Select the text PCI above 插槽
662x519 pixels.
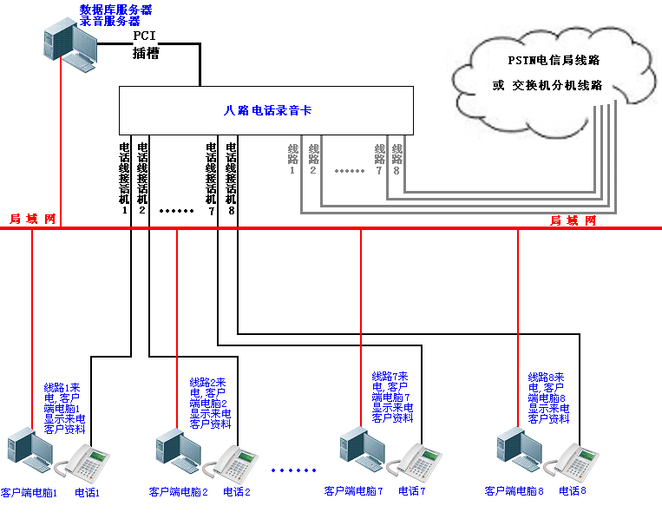144,36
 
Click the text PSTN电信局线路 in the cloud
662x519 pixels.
554,61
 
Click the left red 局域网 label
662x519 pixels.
32,219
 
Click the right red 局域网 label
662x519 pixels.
573,220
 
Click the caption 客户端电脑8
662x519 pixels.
514,491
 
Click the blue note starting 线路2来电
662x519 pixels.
210,403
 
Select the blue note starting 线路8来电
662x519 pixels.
548,397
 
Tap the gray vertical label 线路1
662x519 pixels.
292,159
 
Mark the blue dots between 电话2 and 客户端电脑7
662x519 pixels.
293,470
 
